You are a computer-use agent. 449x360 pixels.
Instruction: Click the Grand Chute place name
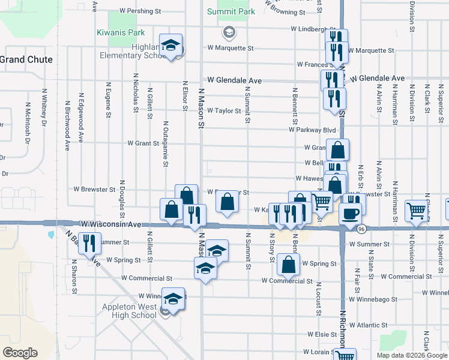point(26,60)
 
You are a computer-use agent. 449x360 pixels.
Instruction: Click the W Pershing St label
point(140,11)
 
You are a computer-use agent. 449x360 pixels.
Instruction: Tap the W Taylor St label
point(224,111)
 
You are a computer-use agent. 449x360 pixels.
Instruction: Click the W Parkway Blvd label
point(312,130)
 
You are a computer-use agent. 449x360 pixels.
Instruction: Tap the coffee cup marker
point(350,213)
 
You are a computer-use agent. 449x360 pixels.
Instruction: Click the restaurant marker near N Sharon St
point(89,243)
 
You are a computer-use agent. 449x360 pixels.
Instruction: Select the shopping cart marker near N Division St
point(416,211)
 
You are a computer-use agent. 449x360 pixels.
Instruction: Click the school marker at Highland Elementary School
point(172,46)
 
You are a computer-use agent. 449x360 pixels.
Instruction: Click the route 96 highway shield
point(361,229)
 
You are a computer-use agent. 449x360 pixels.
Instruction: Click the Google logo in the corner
point(20,353)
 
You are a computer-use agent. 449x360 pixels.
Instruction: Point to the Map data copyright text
point(412,355)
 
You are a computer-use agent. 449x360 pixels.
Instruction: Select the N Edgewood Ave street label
point(80,118)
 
